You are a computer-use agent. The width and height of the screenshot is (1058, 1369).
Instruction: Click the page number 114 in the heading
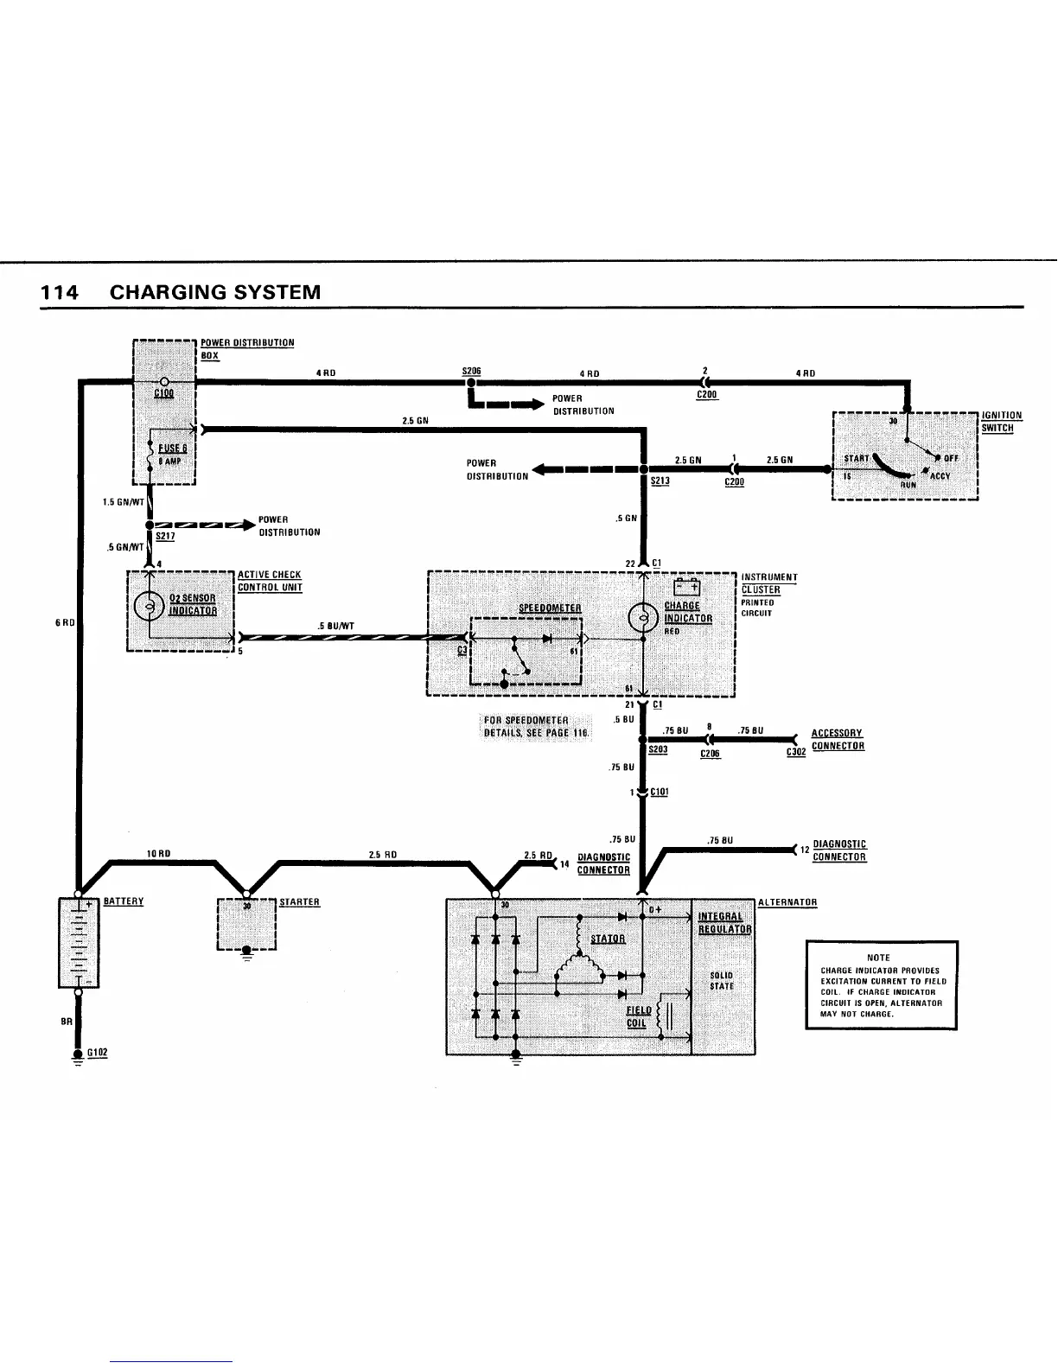click(60, 292)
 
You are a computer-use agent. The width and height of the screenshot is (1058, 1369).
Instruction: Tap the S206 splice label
click(472, 371)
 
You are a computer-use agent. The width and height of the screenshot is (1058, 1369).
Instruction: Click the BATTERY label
click(124, 901)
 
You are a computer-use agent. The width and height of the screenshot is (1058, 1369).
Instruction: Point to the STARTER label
click(299, 902)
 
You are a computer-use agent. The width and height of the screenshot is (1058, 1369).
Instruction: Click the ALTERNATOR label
click(787, 903)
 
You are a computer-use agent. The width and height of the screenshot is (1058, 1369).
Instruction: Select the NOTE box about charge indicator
click(881, 984)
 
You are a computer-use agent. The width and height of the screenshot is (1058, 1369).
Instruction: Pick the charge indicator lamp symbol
click(642, 618)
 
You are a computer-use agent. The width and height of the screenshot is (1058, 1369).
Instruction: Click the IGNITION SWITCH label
click(1001, 422)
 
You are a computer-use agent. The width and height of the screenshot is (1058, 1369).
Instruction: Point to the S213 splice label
click(660, 481)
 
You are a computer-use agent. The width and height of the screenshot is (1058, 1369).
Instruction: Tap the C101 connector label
click(659, 793)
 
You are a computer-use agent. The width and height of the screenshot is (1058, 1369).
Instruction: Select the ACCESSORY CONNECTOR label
click(837, 740)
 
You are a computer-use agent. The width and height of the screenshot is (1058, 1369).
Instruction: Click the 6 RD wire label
click(66, 622)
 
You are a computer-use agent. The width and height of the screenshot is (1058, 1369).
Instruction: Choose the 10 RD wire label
click(158, 854)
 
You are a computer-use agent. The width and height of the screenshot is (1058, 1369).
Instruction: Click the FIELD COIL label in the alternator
click(639, 1017)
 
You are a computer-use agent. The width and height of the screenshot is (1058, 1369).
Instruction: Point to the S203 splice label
click(658, 750)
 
